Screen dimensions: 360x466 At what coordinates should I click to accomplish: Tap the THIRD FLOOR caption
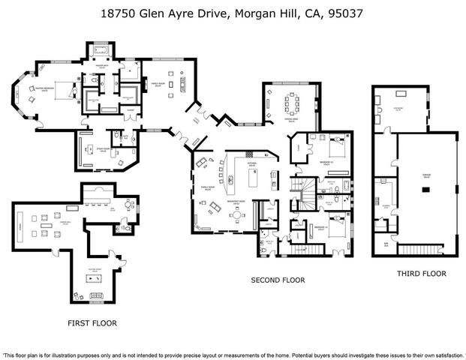(422, 274)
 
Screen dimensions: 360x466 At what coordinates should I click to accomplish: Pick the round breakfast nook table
(237, 215)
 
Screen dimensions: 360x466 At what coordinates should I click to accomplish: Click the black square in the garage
(425, 190)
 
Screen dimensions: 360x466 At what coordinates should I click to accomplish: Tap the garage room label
(425, 177)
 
